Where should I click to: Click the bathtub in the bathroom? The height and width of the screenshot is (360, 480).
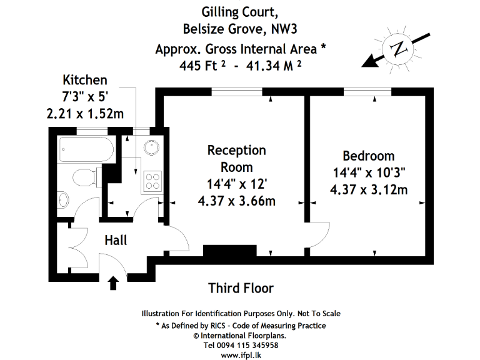(x=87, y=149)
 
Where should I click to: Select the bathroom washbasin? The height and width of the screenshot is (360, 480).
(x=63, y=199)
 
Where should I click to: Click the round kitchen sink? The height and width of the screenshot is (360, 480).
(x=151, y=147)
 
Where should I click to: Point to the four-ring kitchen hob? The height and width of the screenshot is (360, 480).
(x=152, y=181)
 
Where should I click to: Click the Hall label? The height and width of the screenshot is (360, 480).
(x=116, y=240)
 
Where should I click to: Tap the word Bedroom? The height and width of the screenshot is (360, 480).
(x=369, y=156)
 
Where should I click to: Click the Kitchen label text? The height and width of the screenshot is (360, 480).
(x=85, y=80)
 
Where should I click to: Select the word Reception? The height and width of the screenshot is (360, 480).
(x=237, y=151)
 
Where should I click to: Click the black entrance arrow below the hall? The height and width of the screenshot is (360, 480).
(x=113, y=283)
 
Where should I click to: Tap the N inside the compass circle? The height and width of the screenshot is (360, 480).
(x=397, y=49)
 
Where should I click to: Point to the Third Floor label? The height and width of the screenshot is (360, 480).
(x=241, y=288)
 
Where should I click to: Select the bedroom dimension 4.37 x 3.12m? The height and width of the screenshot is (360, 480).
(x=369, y=189)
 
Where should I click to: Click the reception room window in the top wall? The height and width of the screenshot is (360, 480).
(x=237, y=92)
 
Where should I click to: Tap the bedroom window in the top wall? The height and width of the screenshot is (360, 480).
(x=367, y=92)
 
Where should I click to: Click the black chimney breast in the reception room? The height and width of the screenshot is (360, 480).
(x=230, y=251)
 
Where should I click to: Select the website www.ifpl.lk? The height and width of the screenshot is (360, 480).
(x=241, y=355)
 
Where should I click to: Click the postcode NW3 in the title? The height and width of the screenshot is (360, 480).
(x=284, y=29)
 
